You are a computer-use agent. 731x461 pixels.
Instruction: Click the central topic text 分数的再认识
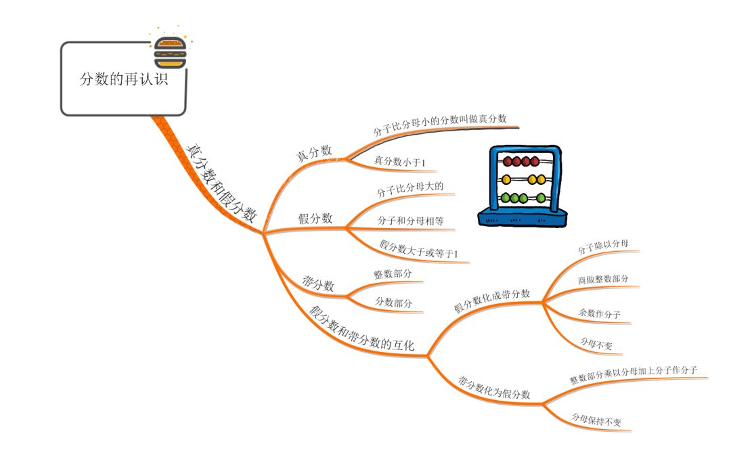click(123, 79)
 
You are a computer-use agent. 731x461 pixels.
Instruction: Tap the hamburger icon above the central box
click(170, 51)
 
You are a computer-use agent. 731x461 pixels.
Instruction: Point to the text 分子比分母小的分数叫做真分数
click(440, 125)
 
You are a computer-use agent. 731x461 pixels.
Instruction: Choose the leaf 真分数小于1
click(399, 162)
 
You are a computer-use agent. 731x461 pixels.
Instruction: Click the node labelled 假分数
click(315, 218)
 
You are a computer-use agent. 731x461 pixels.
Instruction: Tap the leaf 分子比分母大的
click(410, 190)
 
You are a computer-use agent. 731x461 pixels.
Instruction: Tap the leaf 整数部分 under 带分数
click(393, 274)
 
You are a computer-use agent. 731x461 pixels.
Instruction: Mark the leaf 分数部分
click(394, 303)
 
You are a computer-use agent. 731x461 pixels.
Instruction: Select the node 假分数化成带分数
click(491, 299)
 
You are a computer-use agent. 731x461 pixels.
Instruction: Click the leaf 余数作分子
click(599, 313)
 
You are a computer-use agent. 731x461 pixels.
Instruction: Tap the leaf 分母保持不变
click(596, 420)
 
